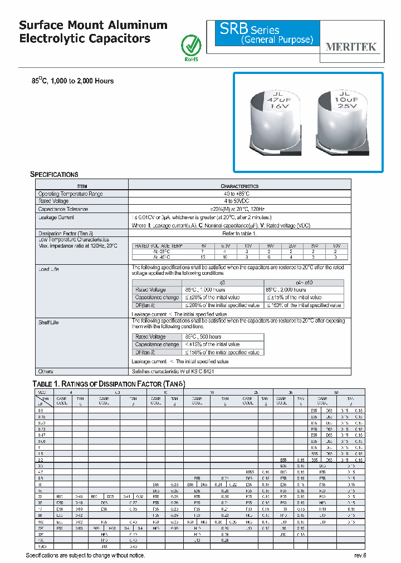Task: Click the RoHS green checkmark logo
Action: pos(190,46)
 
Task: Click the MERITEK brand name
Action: pos(350,47)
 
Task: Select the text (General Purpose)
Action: pos(277,40)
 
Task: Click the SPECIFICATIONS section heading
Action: pos(54,174)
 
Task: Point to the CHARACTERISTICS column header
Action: pos(239,186)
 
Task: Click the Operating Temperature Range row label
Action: pos(70,194)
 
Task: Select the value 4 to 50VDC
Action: pos(239,201)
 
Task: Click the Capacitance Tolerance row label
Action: pos(63,209)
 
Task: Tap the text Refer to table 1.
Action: pos(239,234)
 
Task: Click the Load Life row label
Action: pos(48,269)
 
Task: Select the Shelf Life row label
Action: pos(48,322)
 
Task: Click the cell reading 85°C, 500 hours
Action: pos(203,337)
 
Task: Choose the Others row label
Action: pos(46,371)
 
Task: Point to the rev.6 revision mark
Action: pos(360,556)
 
